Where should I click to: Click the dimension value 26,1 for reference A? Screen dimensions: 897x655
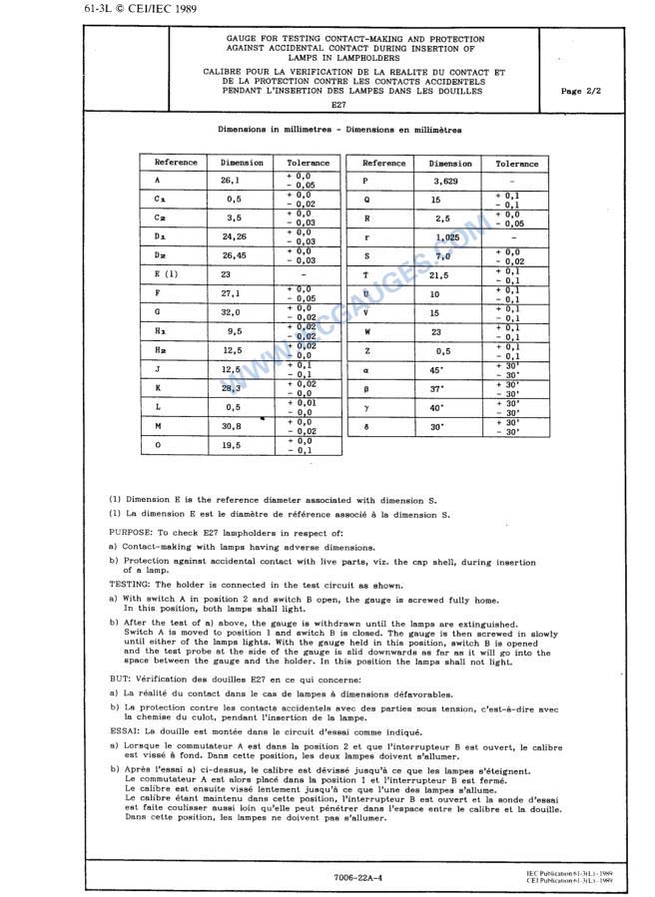pos(231,181)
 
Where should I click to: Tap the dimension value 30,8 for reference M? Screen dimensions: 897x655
pos(232,425)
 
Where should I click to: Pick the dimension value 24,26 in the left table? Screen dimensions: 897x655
pos(234,236)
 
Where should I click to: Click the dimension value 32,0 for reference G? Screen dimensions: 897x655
pos(232,312)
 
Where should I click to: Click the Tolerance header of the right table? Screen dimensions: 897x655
pos(516,164)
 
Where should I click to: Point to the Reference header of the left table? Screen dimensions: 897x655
pos(176,163)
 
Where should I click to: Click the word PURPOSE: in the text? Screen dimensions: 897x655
pos(131,533)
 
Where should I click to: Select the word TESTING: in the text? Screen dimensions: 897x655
pos(130,586)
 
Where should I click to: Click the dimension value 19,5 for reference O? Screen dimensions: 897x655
pos(232,445)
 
